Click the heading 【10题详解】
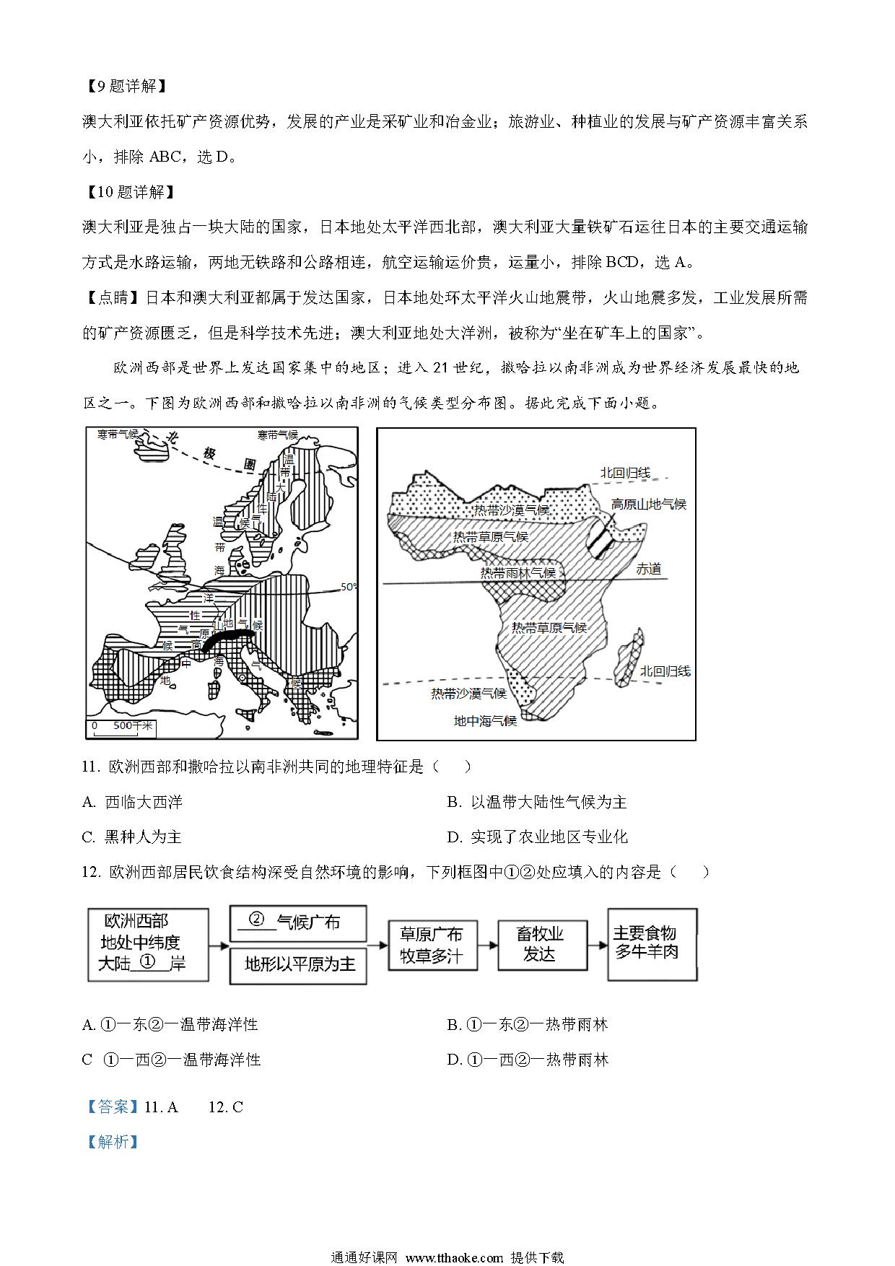128,192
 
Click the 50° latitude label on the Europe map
349,587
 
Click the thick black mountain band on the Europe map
228,639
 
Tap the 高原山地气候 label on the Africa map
648,504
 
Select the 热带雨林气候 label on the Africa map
518,572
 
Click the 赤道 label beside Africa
648,569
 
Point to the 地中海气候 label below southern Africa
485,720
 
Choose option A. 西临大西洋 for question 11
133,802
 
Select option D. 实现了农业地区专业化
537,837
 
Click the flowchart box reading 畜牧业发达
538,944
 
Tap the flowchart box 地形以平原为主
298,965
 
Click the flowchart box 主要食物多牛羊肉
653,943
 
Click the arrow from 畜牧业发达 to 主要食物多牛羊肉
595,944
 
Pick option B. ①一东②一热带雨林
527,1024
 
